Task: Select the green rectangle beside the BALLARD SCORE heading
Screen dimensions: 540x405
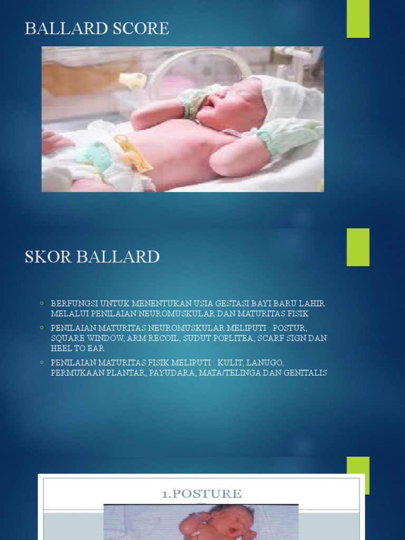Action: coord(358,19)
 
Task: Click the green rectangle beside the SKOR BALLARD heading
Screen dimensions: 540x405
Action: coord(358,247)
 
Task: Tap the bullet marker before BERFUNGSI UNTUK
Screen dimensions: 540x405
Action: coord(42,304)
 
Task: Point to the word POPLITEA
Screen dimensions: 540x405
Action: coord(231,338)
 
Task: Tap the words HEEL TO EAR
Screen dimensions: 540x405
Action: coord(78,348)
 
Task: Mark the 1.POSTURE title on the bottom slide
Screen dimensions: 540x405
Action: coord(202,494)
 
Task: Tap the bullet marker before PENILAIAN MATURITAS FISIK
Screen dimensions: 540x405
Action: coord(42,363)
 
